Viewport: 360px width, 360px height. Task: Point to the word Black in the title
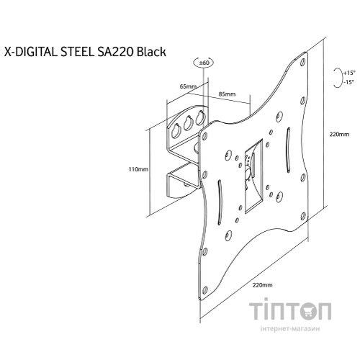[x=154, y=52]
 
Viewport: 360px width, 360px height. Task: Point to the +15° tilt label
[x=350, y=73]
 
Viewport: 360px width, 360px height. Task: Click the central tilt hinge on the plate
[x=251, y=167]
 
